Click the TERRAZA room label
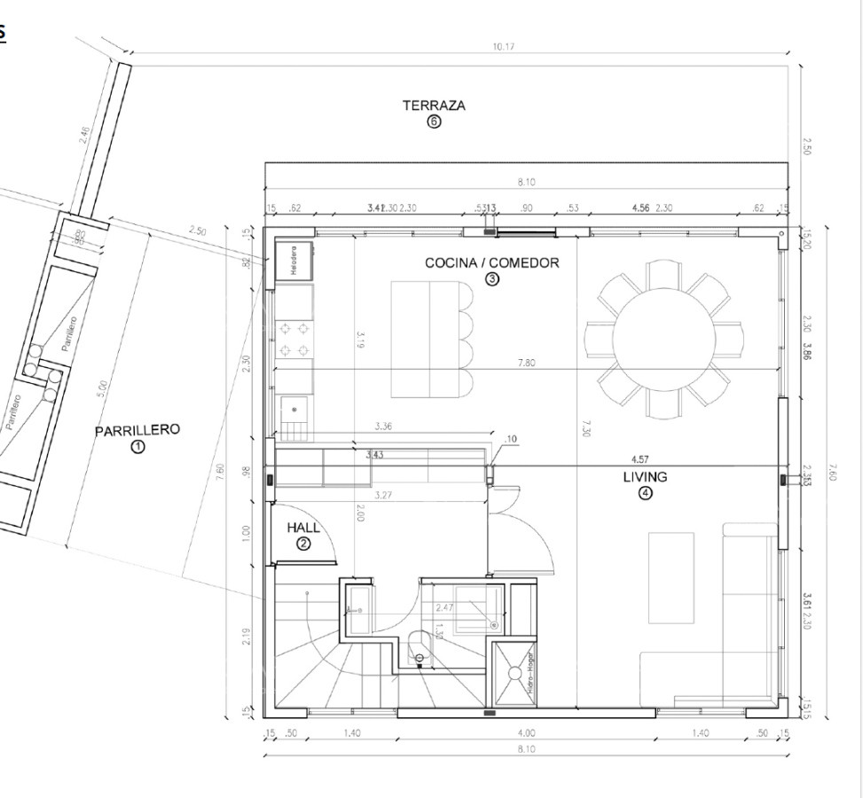(434, 106)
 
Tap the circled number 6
(434, 122)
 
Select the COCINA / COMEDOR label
(492, 262)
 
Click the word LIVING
(645, 477)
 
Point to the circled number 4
(646, 494)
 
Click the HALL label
(303, 528)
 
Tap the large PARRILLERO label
(137, 431)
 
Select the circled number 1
(137, 448)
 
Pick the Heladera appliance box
(294, 261)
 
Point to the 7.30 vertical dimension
(585, 427)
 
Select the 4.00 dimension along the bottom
(527, 734)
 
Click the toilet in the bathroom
(420, 644)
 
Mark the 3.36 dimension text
(384, 426)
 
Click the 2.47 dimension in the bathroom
(445, 607)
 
